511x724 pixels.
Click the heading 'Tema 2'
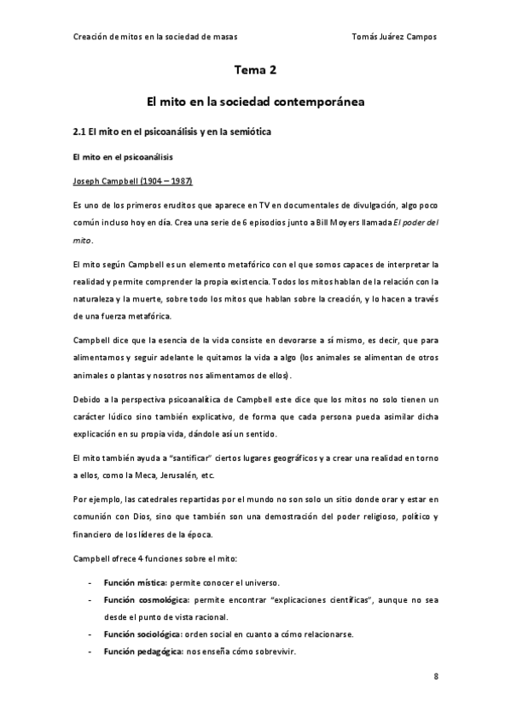(255, 72)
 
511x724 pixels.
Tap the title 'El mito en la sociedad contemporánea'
(255, 101)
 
